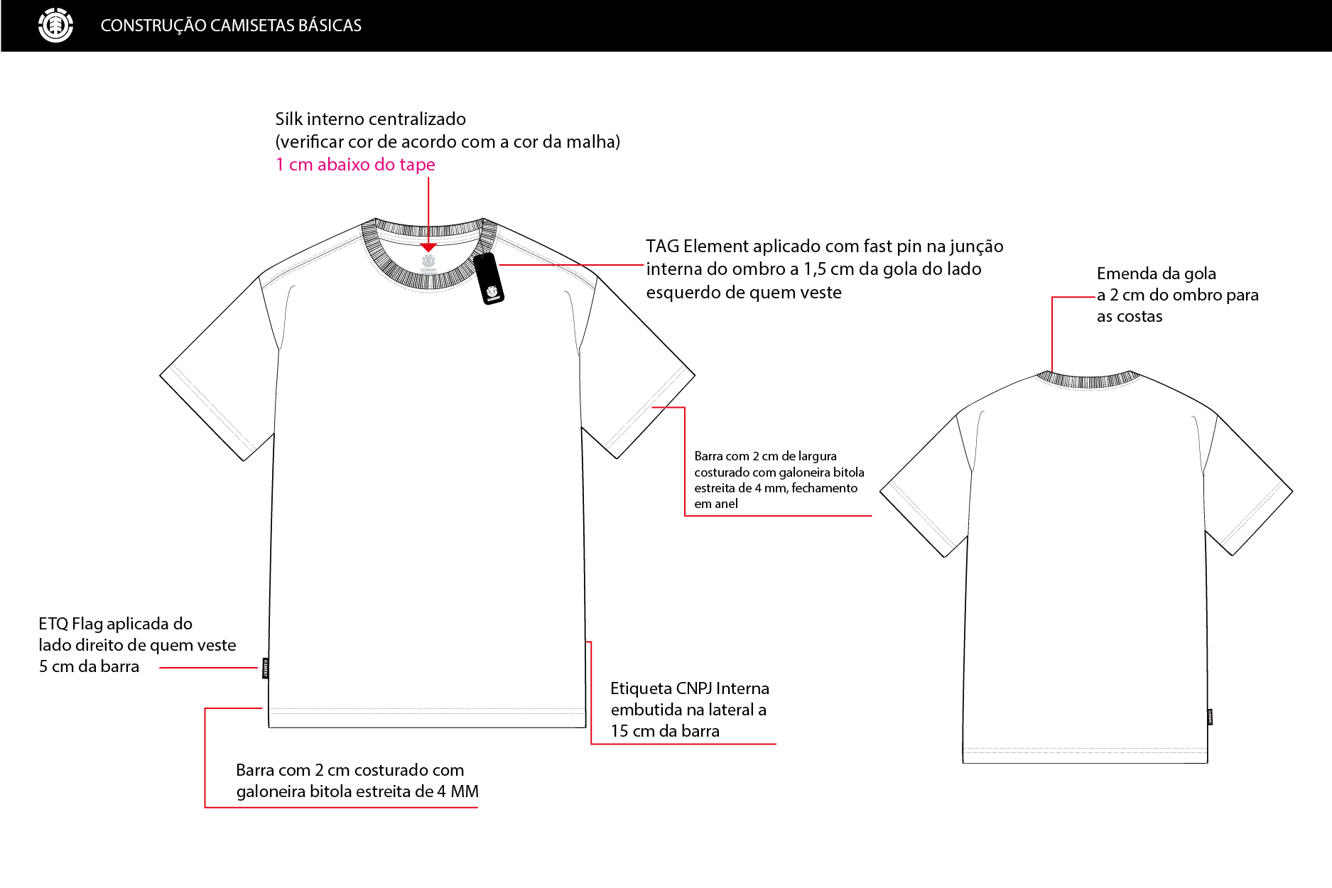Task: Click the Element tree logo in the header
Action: coord(55,26)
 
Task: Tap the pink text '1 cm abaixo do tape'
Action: coord(355,164)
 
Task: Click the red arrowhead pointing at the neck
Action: coord(428,247)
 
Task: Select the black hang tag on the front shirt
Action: coord(489,278)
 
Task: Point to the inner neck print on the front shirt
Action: coord(428,264)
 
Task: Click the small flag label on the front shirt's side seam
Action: coord(266,668)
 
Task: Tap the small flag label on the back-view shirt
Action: coord(1210,717)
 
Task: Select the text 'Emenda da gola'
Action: coord(1156,274)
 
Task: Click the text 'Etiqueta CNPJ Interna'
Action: coord(690,688)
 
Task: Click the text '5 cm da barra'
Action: coord(89,666)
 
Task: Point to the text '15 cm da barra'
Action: coord(665,731)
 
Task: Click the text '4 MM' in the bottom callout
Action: coord(457,791)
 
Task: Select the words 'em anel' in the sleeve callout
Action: coord(716,504)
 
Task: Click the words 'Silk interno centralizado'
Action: coord(371,119)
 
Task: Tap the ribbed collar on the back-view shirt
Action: coord(1088,380)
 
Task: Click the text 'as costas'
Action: coord(1130,317)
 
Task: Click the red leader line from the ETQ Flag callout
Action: coord(208,668)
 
